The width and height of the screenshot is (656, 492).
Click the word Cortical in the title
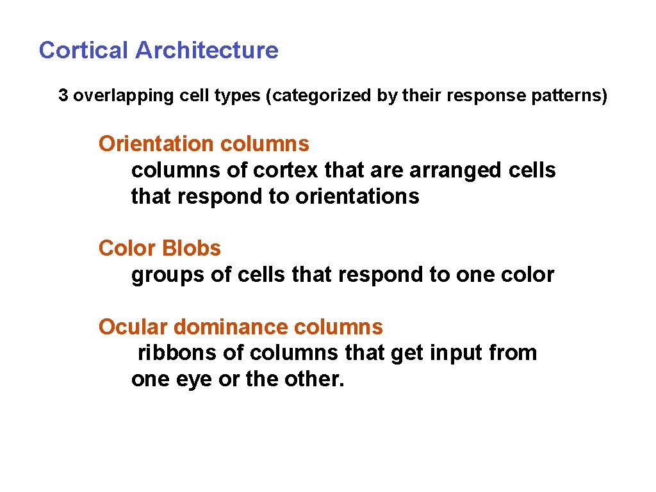[x=84, y=50]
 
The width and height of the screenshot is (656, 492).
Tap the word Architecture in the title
[x=207, y=50]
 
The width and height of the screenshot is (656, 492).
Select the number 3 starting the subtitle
[x=63, y=96]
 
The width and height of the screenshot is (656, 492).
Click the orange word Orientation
[x=156, y=144]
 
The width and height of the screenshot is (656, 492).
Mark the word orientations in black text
[x=357, y=197]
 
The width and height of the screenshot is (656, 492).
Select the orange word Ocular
[x=133, y=327]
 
